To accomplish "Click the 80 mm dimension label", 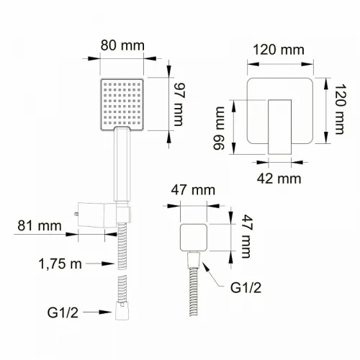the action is (x=122, y=45).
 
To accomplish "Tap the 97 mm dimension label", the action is (x=179, y=104).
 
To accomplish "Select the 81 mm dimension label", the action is (x=40, y=226).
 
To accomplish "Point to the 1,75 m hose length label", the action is (x=60, y=264).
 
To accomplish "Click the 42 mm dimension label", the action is (x=279, y=179).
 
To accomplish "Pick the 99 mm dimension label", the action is (x=219, y=128).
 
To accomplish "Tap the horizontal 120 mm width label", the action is (x=279, y=50).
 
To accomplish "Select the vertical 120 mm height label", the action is (x=340, y=109).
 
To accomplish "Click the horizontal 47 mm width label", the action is (x=193, y=190).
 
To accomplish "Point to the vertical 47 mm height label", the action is (x=247, y=236).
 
